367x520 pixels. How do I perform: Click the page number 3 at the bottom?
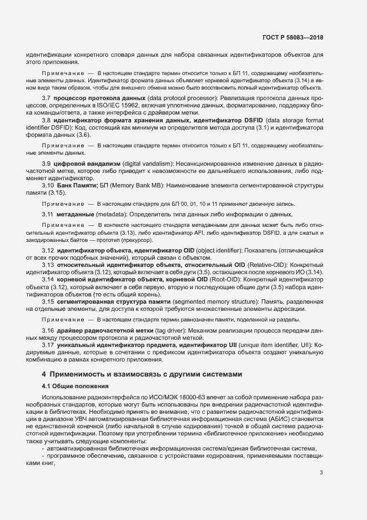point(321,473)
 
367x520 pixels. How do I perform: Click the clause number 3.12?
point(48,251)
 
